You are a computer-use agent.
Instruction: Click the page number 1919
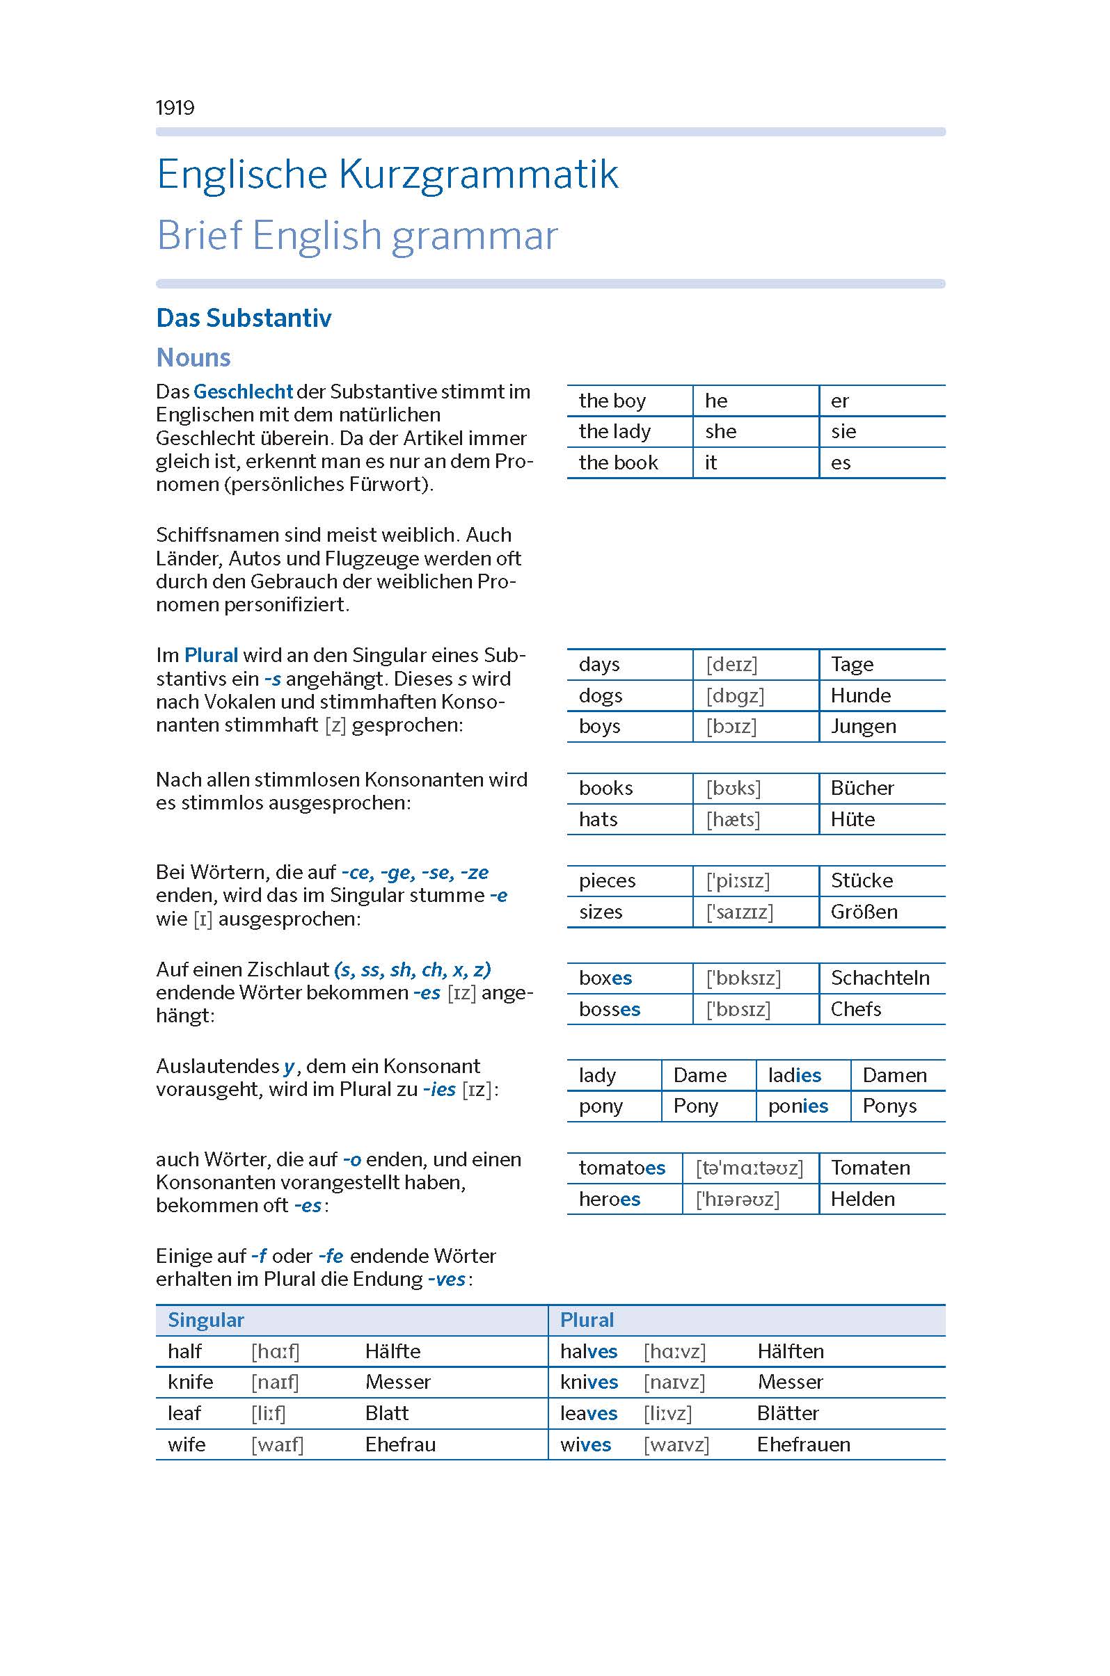pos(175,108)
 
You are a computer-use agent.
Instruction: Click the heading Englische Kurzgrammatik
pos(387,175)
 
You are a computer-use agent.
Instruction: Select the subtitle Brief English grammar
pos(357,236)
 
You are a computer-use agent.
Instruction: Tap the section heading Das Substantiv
pos(244,319)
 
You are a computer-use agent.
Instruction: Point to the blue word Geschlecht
pos(243,392)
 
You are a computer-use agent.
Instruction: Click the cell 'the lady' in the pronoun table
pos(615,432)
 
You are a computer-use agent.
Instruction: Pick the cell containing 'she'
pos(720,432)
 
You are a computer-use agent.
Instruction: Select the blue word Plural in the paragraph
pos(211,655)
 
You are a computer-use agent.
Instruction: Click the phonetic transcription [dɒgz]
pos(735,695)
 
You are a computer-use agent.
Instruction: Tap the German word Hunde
pos(860,695)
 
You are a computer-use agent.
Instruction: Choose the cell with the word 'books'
pos(606,788)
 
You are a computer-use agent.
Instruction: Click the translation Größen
pos(864,912)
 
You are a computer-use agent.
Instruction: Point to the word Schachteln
pos(880,978)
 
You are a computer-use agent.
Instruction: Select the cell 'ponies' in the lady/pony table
pos(798,1106)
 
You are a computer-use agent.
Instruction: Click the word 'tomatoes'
pos(621,1168)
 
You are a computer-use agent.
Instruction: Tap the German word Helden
pos(862,1199)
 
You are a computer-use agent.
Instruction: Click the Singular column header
pos(205,1320)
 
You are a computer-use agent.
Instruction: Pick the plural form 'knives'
pos(589,1382)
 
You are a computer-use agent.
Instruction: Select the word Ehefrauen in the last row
pos(804,1444)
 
